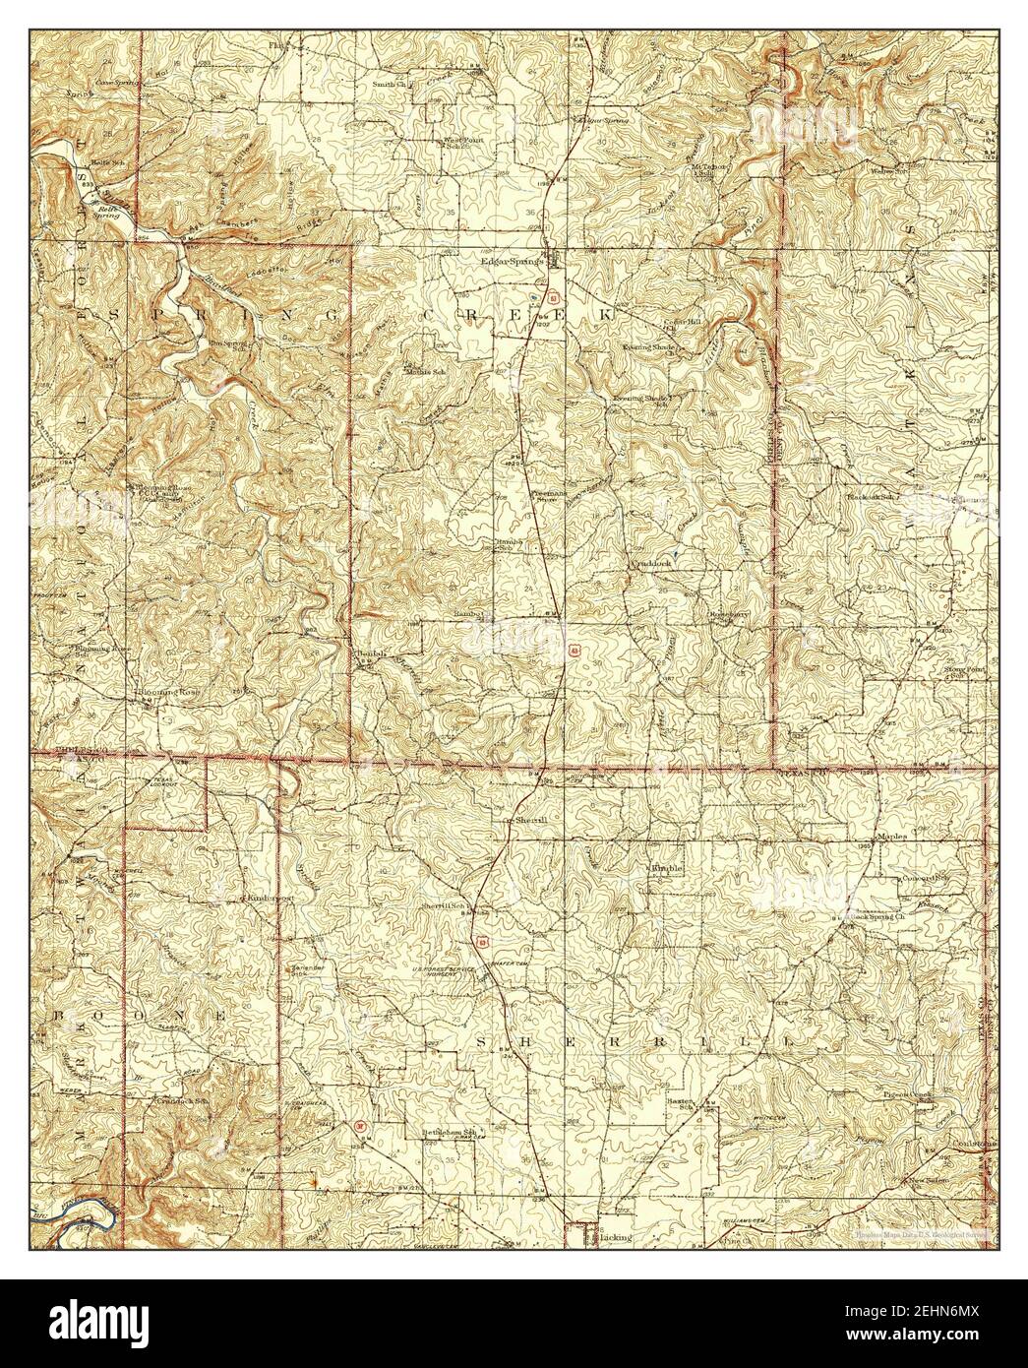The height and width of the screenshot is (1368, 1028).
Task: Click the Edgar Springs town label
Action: click(x=511, y=262)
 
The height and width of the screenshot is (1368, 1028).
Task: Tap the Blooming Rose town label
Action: click(x=168, y=692)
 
